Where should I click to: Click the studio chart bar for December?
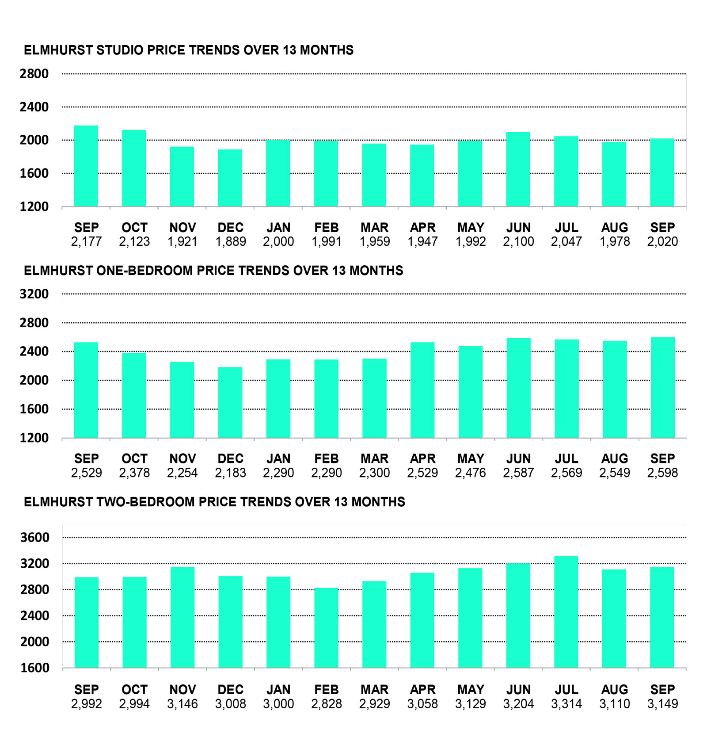click(230, 178)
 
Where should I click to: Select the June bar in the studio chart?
click(518, 169)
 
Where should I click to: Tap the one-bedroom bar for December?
click(230, 402)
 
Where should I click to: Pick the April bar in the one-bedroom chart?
click(422, 390)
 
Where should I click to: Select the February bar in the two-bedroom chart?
click(326, 627)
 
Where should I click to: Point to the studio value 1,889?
click(230, 241)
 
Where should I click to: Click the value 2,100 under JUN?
click(518, 241)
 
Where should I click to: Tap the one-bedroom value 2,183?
click(230, 473)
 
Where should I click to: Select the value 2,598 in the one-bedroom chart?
click(662, 473)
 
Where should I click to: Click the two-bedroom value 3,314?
click(566, 703)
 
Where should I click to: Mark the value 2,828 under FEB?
click(326, 703)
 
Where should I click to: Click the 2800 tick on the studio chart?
click(34, 74)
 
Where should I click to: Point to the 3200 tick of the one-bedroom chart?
click(34, 294)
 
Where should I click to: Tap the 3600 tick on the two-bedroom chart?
click(35, 538)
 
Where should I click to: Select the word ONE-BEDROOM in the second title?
click(145, 271)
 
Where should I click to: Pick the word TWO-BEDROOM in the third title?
click(146, 502)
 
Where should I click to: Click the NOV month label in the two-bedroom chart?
click(182, 690)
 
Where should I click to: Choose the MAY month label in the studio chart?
click(471, 228)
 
